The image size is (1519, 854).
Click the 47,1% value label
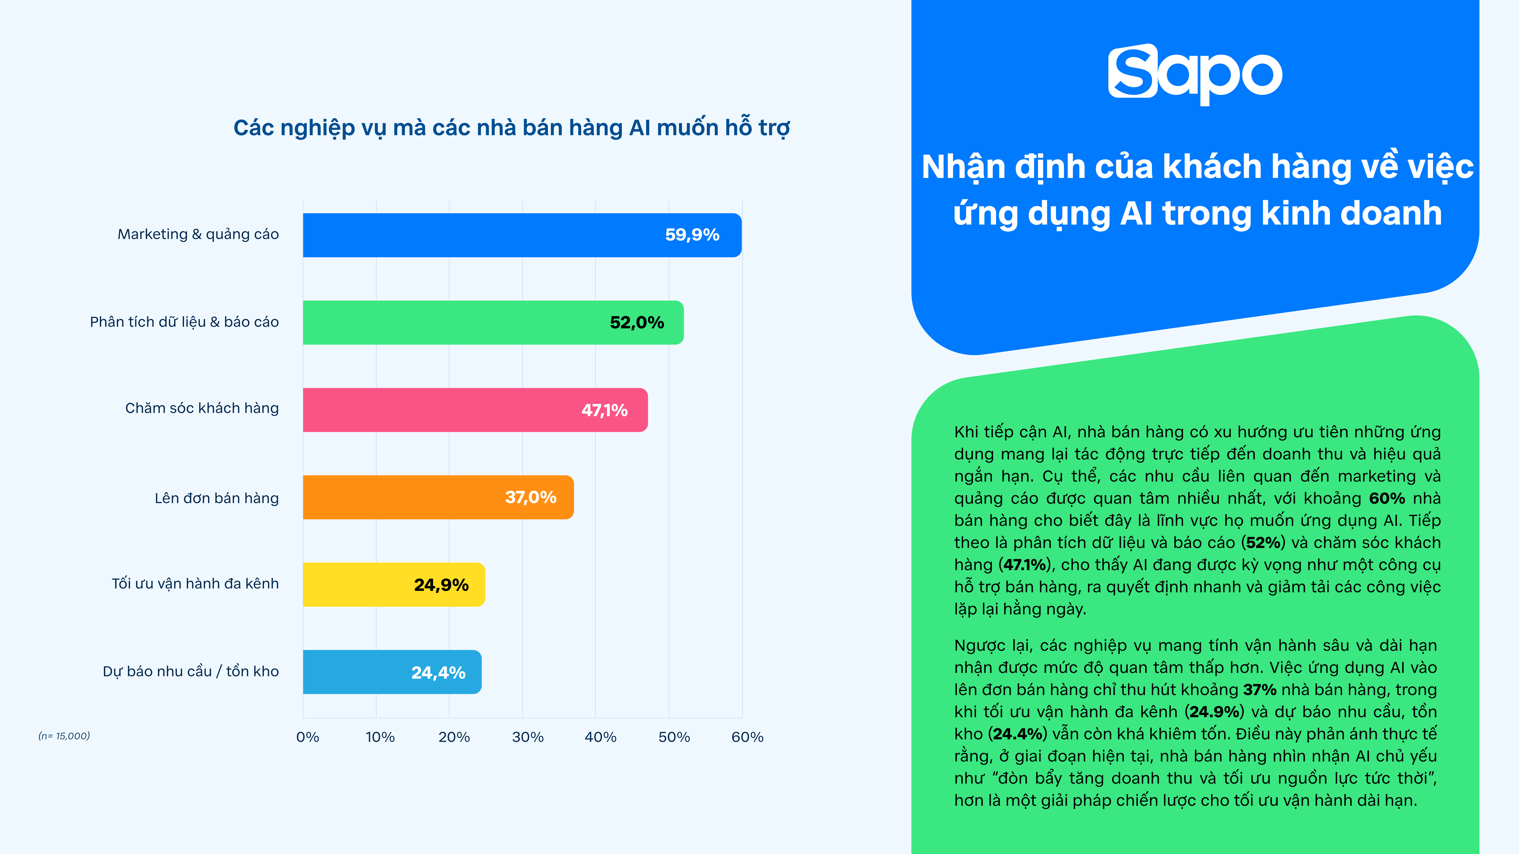pyautogui.click(x=604, y=410)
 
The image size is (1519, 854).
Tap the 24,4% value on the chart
pyautogui.click(x=438, y=672)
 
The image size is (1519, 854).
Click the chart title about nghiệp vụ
pyautogui.click(x=511, y=128)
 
